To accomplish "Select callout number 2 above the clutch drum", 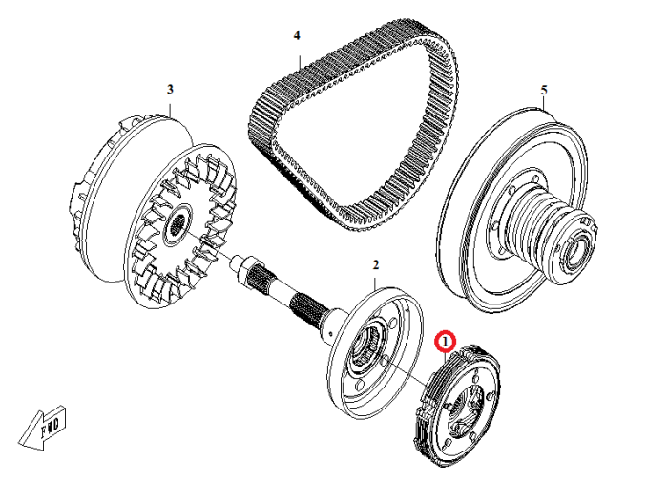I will [x=376, y=264].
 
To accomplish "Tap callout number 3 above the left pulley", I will [x=170, y=89].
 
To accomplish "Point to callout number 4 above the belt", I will [x=297, y=35].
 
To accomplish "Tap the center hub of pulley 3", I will [x=177, y=226].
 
